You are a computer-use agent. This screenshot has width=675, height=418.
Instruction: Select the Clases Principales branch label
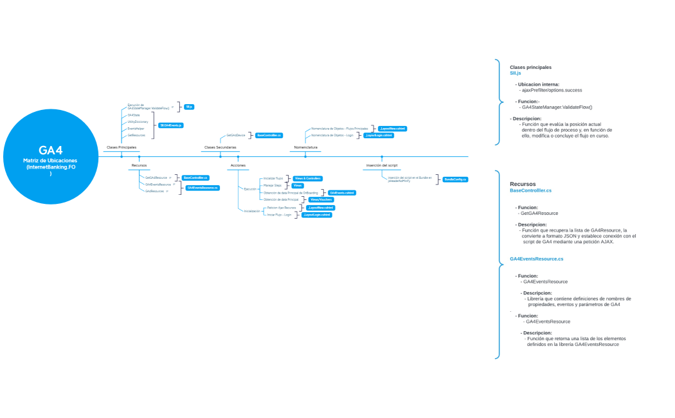click(121, 147)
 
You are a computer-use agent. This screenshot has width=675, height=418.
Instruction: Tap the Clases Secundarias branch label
click(220, 147)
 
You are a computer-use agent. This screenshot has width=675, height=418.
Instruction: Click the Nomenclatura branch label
click(305, 147)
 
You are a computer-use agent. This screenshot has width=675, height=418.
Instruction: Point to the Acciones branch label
click(238, 165)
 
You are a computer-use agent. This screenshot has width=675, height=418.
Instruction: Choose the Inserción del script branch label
click(382, 165)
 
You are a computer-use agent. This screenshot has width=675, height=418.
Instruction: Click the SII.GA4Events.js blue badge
click(171, 125)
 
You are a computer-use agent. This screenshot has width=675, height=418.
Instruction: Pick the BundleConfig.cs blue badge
click(455, 179)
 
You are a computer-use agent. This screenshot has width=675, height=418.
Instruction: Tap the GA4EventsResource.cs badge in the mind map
click(203, 188)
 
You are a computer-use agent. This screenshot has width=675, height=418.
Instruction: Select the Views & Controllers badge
click(307, 178)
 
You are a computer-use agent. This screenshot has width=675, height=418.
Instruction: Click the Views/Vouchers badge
click(321, 199)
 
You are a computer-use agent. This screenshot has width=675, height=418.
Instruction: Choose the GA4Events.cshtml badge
click(341, 192)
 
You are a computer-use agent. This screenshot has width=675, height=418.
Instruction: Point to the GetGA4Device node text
click(235, 136)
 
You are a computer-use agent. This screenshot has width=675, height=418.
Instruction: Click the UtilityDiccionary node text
click(138, 122)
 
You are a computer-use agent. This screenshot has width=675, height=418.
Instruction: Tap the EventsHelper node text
click(136, 129)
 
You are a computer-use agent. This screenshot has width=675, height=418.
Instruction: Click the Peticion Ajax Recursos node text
click(281, 208)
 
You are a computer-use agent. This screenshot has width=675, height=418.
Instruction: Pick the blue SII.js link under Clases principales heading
click(515, 73)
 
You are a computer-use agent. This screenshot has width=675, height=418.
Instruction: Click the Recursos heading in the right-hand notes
click(522, 184)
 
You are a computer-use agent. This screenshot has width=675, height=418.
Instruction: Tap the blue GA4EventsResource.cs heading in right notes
click(536, 259)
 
